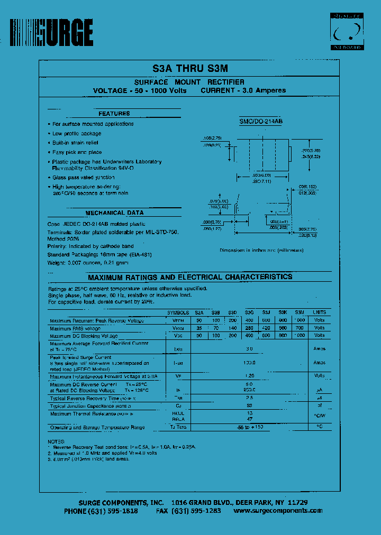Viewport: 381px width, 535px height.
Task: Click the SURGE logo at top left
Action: click(x=52, y=33)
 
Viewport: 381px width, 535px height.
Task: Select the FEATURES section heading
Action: click(x=114, y=114)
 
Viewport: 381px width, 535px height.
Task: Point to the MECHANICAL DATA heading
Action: click(x=114, y=213)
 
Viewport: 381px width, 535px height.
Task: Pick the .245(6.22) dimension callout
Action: click(x=311, y=157)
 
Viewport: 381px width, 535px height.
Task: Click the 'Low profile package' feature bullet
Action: click(x=77, y=133)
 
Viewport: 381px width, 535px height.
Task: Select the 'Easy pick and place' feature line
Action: click(x=77, y=152)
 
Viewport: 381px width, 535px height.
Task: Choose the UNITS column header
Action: click(x=319, y=312)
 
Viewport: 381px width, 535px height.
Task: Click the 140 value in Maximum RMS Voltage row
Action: click(x=232, y=328)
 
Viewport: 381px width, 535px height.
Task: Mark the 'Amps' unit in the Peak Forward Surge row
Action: click(x=319, y=363)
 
